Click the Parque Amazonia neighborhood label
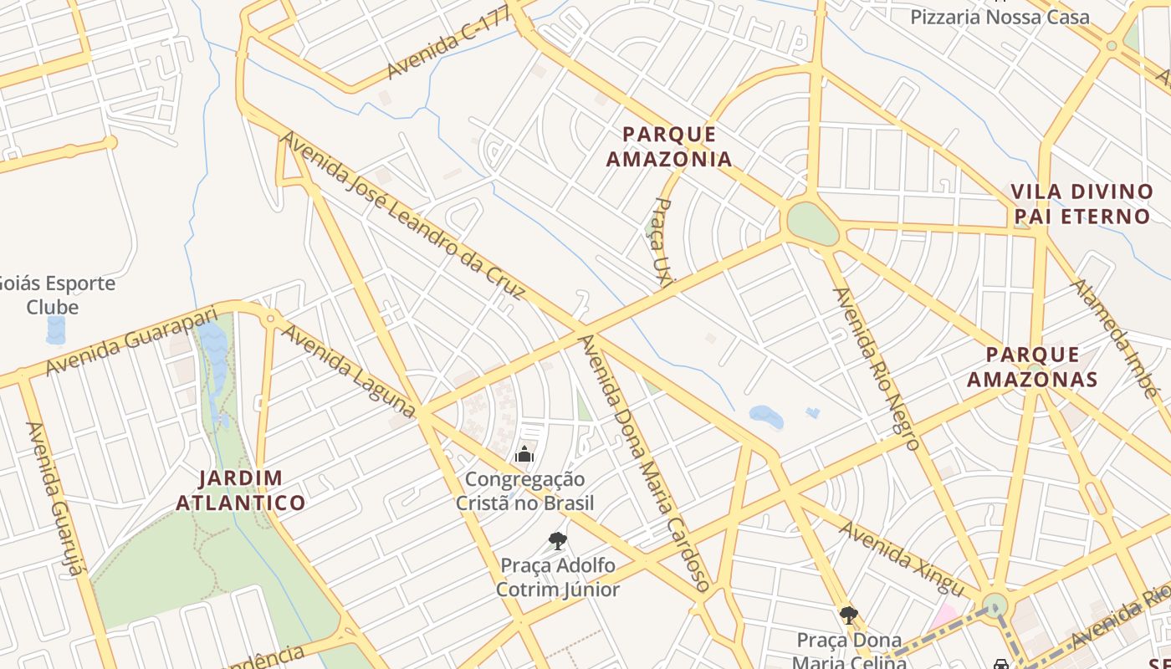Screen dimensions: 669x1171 tap(668, 146)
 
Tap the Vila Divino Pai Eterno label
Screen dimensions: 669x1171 tap(1082, 204)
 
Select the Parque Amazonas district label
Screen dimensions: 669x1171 tap(1032, 367)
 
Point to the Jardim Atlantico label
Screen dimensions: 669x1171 tap(252, 491)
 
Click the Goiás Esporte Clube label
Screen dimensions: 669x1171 tap(55, 294)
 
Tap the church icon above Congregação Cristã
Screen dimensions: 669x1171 tap(524, 454)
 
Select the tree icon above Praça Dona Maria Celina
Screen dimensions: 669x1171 tap(849, 615)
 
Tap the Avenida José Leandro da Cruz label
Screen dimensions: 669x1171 tap(401, 214)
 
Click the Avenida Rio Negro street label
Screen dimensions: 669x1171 tap(877, 368)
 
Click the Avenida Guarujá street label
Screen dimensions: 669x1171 tap(56, 498)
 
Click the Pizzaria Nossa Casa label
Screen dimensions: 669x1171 tap(1000, 17)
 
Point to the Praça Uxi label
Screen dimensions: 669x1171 tap(662, 243)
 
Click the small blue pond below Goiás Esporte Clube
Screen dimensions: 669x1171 tap(55, 329)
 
